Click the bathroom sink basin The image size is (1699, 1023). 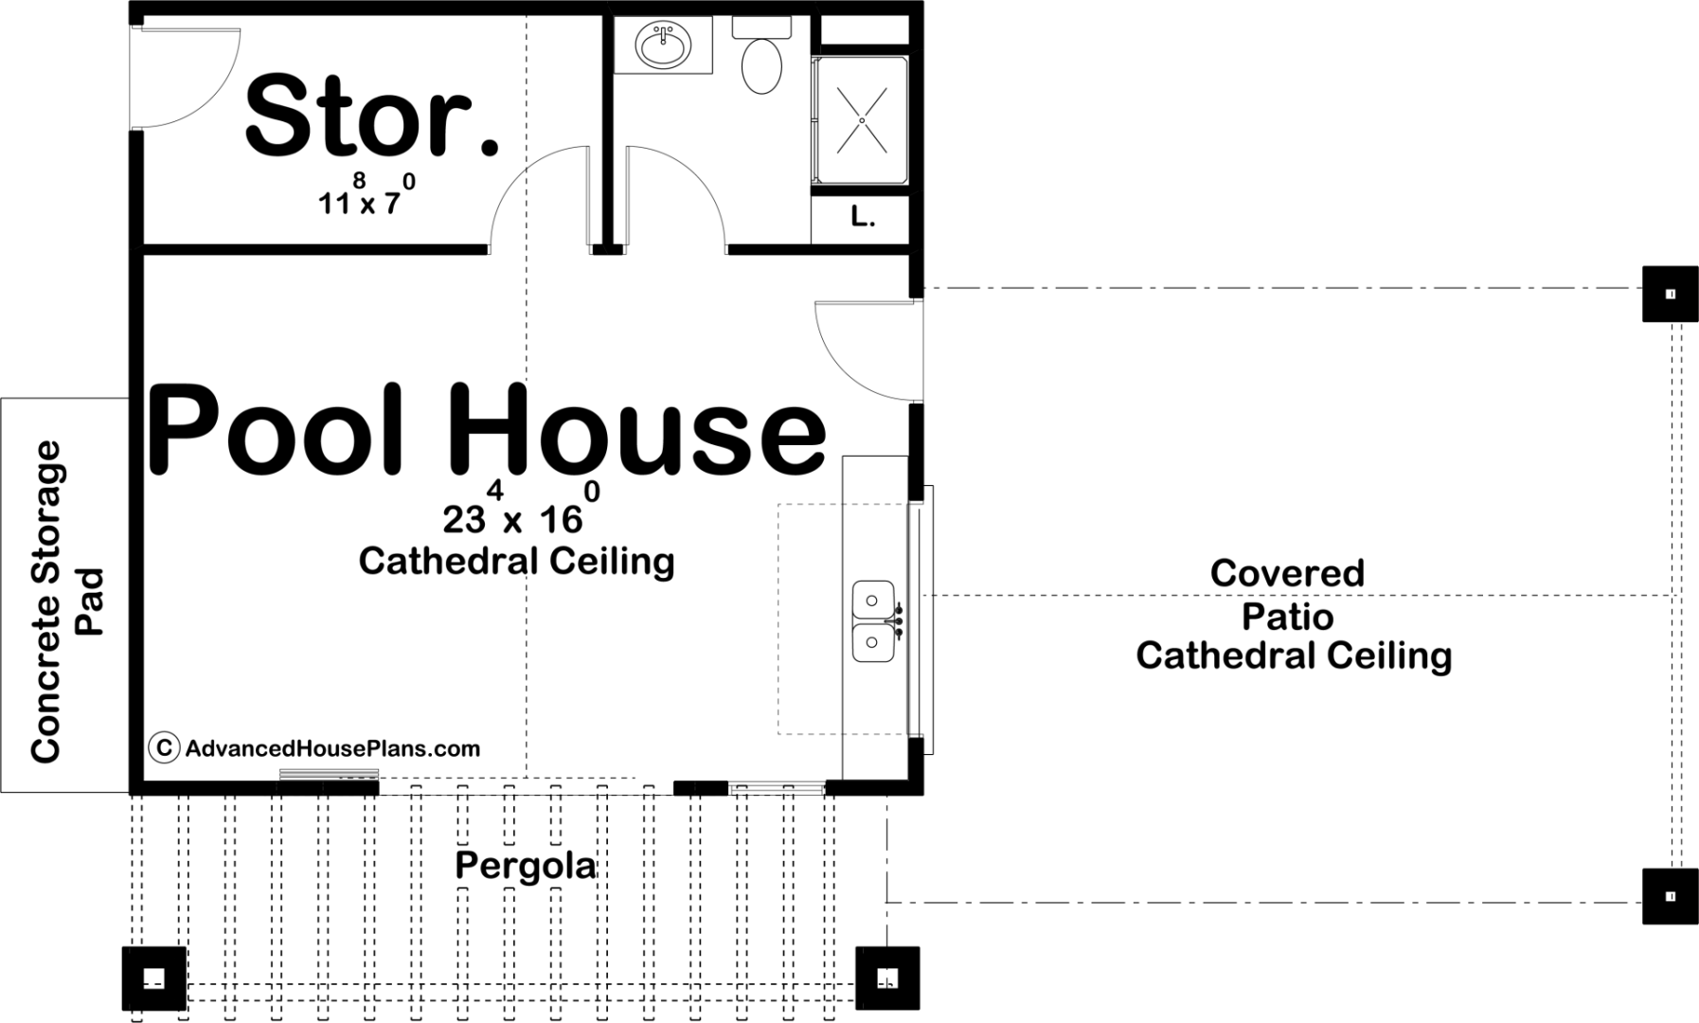664,45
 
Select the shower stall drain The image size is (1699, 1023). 862,120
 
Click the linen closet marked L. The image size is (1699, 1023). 861,219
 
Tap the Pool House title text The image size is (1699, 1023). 487,428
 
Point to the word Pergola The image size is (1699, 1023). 526,866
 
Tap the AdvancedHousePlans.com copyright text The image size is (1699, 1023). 315,748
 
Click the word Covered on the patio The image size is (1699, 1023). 1287,573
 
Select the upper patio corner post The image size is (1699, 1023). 1670,294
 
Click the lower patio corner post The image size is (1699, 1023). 1670,896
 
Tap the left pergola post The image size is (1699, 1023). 154,978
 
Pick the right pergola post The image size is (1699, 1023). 887,978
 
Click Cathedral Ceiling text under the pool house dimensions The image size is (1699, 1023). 516,561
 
